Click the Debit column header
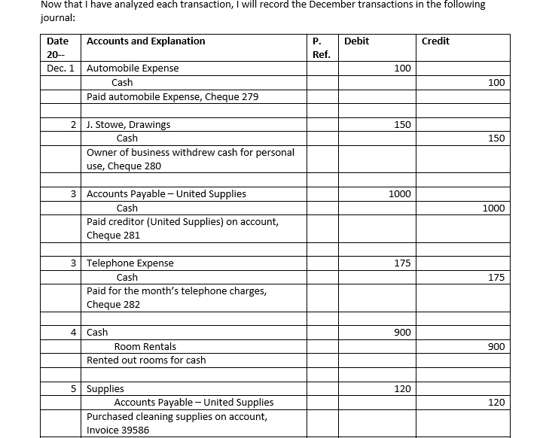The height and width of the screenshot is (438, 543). coord(356,41)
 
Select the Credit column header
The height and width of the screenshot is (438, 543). coord(435,41)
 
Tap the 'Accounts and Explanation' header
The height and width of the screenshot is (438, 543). coord(146,41)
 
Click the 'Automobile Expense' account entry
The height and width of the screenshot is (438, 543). coord(133,68)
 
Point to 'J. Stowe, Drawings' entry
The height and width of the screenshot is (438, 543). coord(129,124)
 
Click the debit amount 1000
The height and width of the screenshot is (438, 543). coord(399,194)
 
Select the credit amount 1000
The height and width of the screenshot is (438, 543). coord(493,208)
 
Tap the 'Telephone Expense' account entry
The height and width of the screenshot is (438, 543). coord(130,263)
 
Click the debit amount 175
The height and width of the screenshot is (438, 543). coord(402,263)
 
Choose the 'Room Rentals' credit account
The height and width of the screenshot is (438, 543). coord(145,347)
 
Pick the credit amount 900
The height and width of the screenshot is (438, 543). coord(496,347)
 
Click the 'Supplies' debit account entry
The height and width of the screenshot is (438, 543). coord(105,389)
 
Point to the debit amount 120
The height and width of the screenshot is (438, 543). coord(402,389)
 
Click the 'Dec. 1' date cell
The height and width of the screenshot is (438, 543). coord(60,68)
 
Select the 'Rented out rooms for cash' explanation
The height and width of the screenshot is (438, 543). coord(146,360)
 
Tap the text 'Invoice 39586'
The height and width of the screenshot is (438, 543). coord(118,430)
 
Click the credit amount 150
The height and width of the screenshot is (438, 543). coord(496,138)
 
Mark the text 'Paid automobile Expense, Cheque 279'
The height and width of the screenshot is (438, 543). coord(172,97)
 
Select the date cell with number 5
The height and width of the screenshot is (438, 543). coord(74,389)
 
